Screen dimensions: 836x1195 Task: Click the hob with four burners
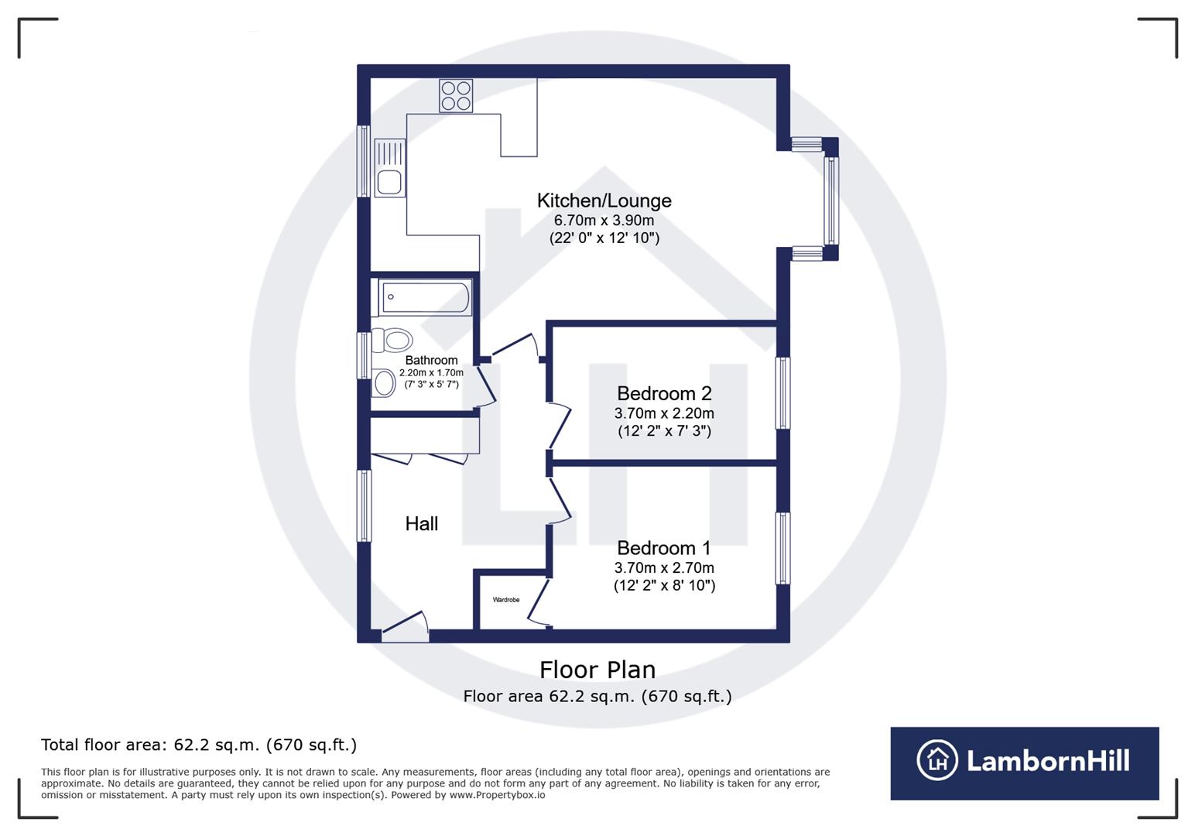[455, 96]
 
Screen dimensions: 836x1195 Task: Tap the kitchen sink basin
[389, 183]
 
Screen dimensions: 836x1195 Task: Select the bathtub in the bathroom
[425, 297]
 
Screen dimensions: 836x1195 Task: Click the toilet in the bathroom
[393, 340]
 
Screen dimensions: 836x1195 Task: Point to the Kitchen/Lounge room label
[604, 200]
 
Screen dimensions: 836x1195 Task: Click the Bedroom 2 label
[663, 393]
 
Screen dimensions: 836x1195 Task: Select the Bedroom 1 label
[663, 548]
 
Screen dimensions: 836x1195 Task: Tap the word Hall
[421, 524]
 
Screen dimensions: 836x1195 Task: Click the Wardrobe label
[506, 600]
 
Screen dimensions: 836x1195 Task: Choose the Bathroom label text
[431, 360]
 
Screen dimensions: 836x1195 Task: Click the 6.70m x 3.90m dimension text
[604, 221]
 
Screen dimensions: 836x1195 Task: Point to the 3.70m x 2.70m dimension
[663, 568]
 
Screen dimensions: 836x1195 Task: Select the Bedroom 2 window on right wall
[783, 392]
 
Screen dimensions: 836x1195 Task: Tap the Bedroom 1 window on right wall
[783, 548]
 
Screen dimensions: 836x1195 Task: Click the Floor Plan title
[597, 670]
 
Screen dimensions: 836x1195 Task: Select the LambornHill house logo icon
[937, 760]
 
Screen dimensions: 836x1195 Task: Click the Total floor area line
[199, 745]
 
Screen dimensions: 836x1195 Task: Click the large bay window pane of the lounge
[831, 200]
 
